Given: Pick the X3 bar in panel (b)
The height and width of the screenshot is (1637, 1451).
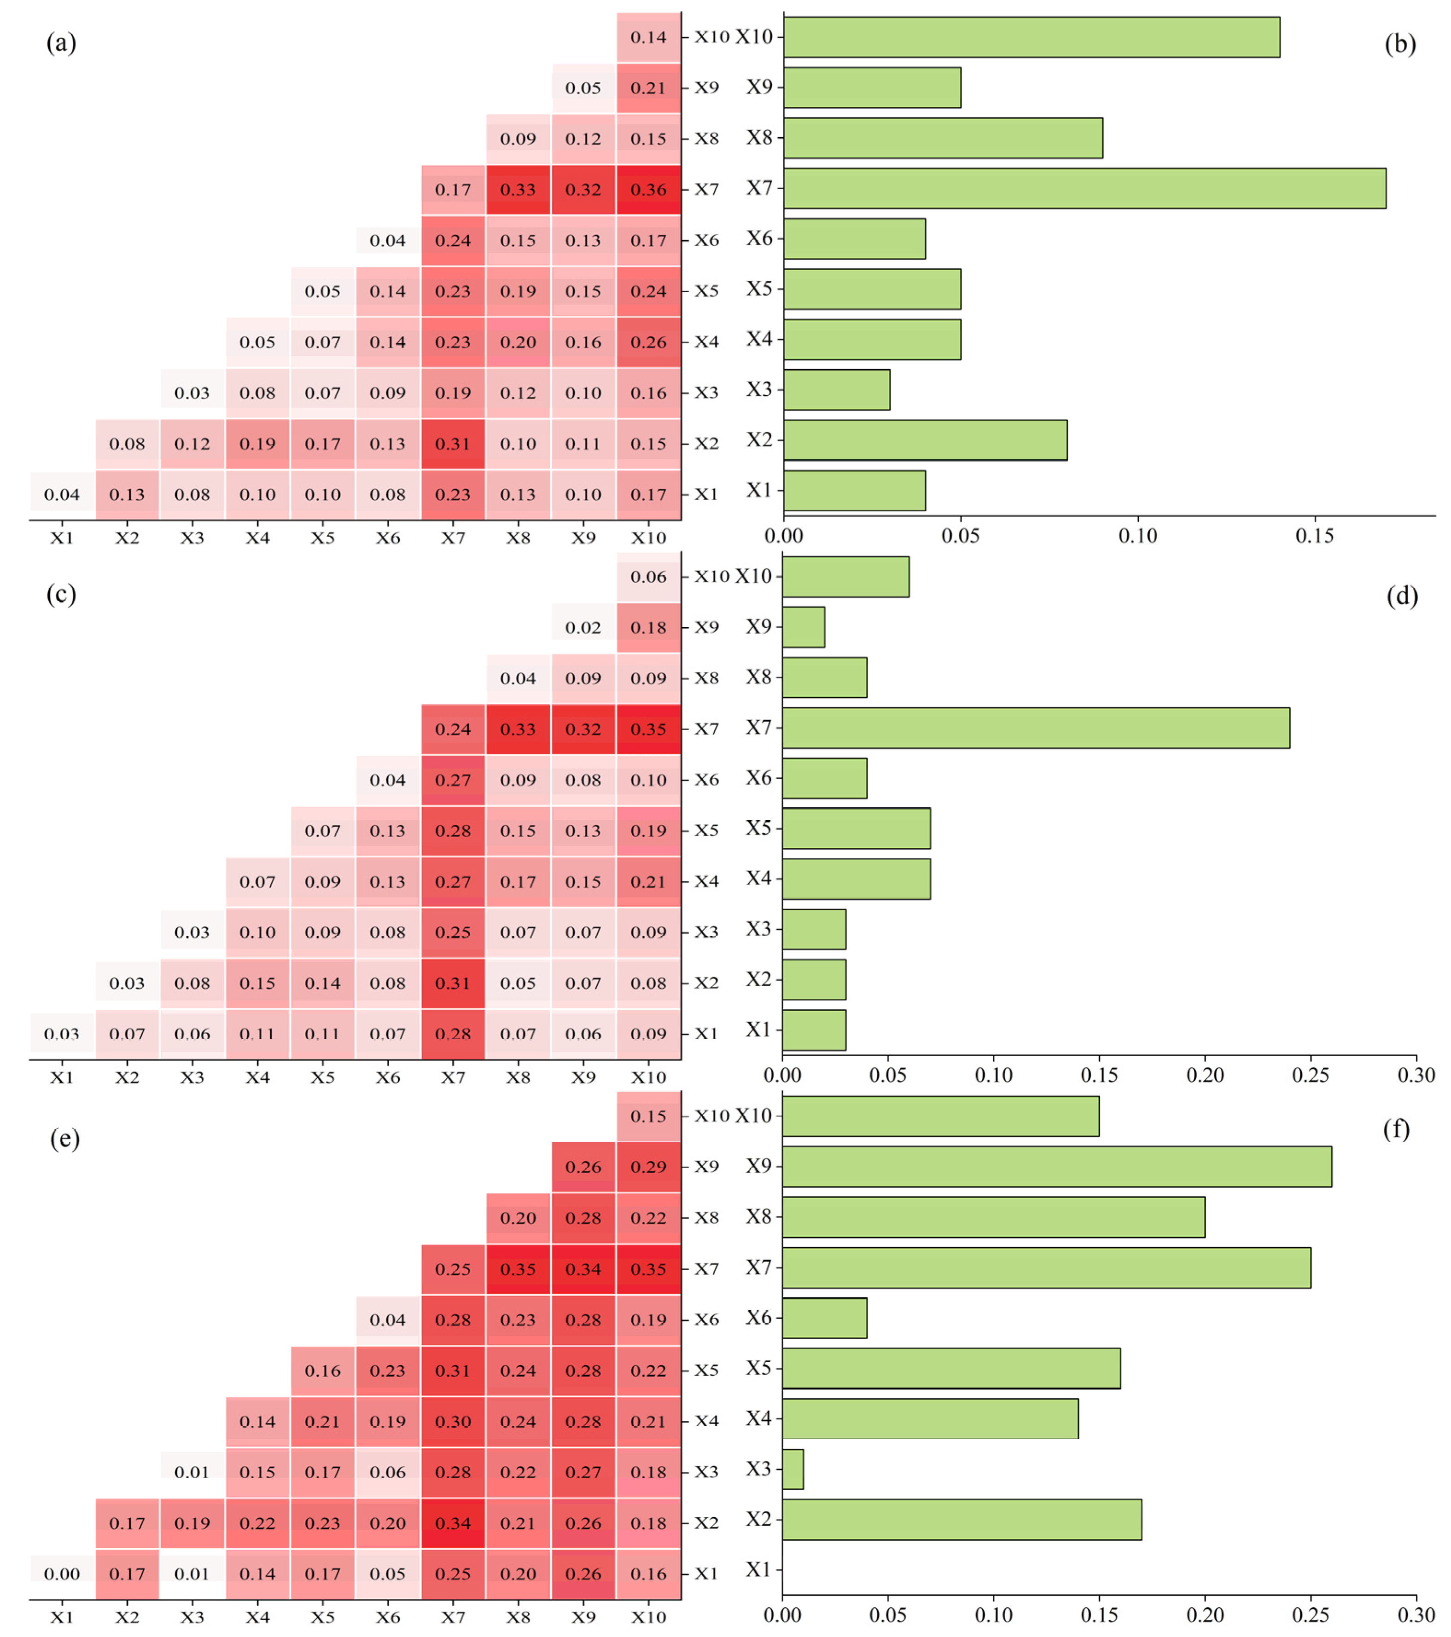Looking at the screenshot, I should coord(836,389).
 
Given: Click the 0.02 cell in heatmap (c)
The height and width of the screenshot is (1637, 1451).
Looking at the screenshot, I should coord(583,628).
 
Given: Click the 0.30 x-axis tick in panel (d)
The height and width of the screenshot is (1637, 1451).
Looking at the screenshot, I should coord(1416,1075).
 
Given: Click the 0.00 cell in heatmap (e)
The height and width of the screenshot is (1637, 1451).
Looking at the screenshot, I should coord(62,1574).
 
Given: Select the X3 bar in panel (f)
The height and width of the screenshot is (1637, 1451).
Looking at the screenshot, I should coord(793,1469).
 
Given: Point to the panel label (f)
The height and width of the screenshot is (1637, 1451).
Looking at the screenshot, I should coord(1396,1129).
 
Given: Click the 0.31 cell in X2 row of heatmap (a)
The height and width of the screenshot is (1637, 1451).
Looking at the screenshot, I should coord(453,444).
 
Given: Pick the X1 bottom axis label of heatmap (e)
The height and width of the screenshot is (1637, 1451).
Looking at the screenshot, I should coord(62,1617).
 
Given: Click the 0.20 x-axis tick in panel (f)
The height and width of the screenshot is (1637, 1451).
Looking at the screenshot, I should coord(1204,1614).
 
